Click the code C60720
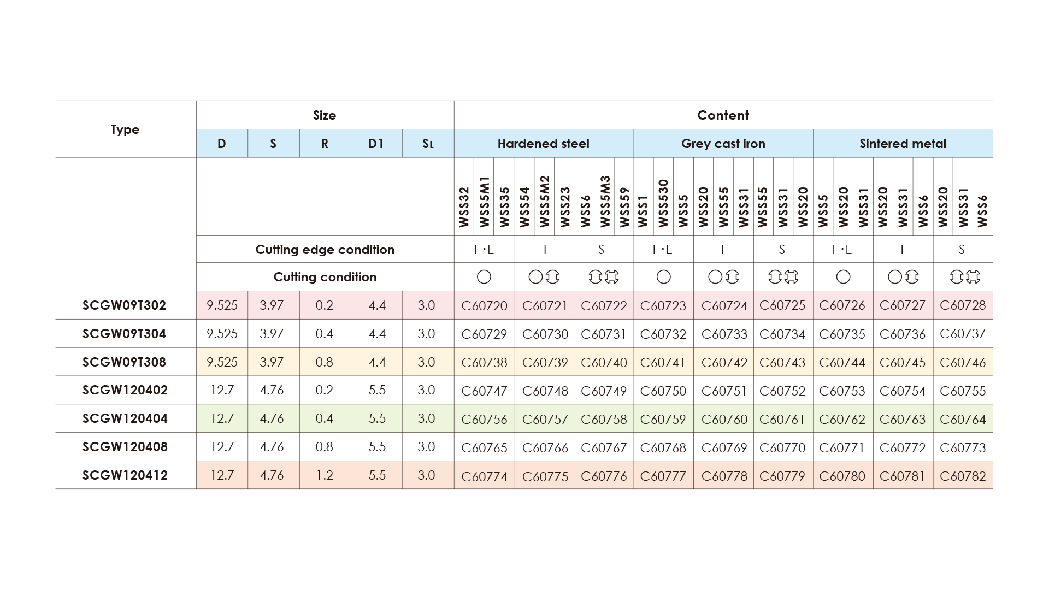coord(484,305)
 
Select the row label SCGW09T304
coord(124,334)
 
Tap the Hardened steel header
coord(543,144)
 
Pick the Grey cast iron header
coord(723,144)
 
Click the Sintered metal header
coord(903,144)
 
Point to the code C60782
coord(963,476)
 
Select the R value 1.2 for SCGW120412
coord(325,475)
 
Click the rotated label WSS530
coord(663,203)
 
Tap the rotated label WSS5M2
coord(544,201)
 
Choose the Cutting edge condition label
coord(325,250)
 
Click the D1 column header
coord(376,144)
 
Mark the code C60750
coord(663,391)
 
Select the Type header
coord(125,129)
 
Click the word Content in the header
coord(723,115)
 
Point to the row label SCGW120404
coord(125,418)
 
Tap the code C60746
coord(963,362)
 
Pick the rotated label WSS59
coord(624,208)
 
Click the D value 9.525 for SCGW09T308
coord(222,362)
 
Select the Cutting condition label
coord(325,277)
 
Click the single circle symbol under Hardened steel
coord(484,277)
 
